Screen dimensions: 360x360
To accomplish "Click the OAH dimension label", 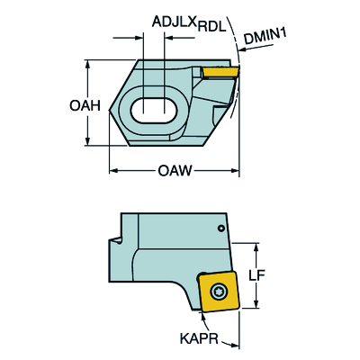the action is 85,106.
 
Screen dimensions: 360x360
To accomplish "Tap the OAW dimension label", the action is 175,171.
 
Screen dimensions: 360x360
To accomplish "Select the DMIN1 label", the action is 265,36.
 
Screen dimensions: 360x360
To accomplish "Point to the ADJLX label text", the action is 175,22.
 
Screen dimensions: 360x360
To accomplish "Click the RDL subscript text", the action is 211,27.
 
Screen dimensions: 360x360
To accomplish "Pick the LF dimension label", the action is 257,275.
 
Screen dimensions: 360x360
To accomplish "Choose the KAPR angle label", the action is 199,338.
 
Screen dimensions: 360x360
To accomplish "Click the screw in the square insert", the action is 219,291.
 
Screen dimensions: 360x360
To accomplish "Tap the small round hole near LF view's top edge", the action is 221,229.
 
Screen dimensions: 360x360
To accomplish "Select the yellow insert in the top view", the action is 220,72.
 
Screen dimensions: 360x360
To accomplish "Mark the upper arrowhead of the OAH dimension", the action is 87,64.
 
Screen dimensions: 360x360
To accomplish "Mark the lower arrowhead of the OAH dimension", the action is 87,142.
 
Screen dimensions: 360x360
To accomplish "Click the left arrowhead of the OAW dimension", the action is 112,171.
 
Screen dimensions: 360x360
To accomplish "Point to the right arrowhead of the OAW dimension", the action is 236,171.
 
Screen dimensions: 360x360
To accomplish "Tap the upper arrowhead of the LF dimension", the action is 256,247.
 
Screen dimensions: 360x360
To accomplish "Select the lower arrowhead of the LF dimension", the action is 256,304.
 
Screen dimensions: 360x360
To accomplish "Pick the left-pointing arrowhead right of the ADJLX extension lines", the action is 168,38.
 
